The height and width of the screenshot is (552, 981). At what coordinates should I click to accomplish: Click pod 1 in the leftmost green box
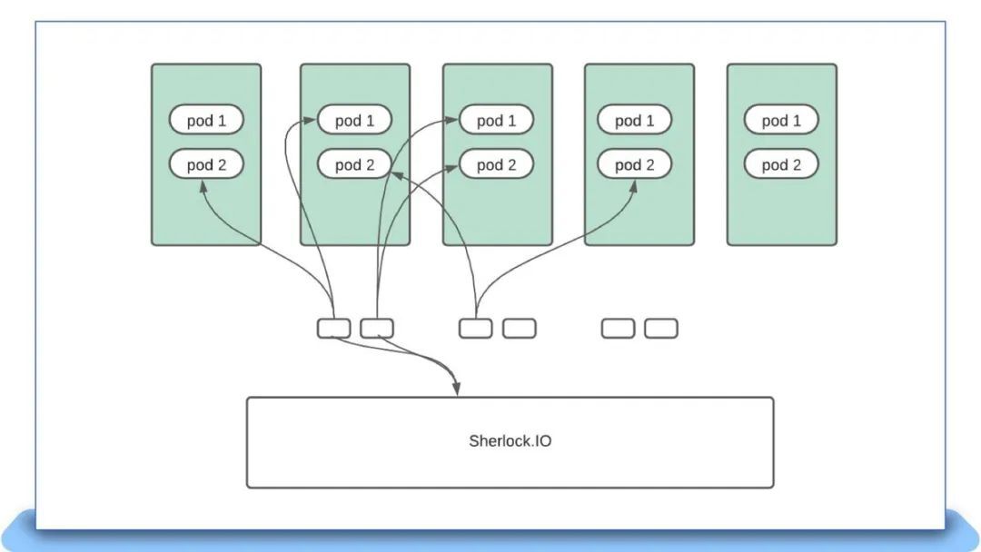206,120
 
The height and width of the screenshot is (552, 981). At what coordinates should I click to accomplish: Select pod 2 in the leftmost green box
206,164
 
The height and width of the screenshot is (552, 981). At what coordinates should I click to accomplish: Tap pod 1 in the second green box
355,120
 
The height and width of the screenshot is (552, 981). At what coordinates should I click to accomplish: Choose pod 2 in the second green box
355,164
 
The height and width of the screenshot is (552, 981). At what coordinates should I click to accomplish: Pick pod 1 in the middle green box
497,120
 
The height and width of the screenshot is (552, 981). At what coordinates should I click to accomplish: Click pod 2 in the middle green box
497,164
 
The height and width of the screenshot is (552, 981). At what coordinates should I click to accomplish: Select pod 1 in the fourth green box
634,120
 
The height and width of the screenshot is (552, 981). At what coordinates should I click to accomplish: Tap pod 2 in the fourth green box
634,164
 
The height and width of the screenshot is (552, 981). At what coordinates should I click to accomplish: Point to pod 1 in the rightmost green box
781,120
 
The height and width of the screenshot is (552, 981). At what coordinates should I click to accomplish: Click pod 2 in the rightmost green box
781,164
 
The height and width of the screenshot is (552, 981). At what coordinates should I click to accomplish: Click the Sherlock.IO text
510,440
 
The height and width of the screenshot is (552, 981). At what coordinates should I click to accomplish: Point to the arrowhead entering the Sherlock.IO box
457,389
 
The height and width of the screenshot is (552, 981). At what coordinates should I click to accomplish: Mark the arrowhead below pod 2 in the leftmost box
203,187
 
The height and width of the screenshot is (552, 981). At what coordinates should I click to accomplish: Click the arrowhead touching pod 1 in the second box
310,120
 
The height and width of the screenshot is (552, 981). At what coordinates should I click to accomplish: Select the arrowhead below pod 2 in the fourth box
632,187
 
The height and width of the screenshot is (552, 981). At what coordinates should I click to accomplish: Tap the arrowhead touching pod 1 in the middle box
451,120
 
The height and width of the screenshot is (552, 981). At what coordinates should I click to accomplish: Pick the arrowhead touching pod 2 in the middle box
451,167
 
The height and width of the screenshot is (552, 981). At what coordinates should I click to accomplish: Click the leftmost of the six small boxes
334,328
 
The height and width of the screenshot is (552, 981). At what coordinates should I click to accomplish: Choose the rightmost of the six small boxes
661,328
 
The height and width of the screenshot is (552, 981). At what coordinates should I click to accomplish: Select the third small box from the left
475,328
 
